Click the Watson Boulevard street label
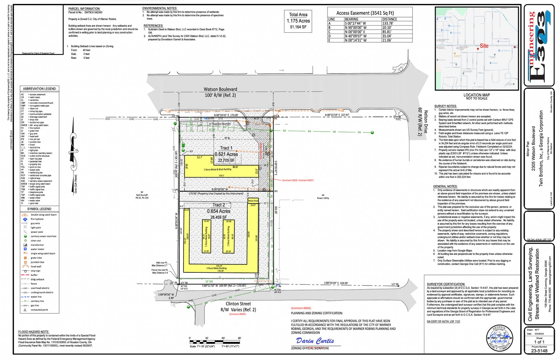tap(220, 89)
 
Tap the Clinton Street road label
tap(238, 304)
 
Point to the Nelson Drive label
tap(426, 122)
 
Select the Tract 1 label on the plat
tap(226, 148)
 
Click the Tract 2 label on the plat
tap(218, 205)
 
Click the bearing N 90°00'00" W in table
tap(355, 28)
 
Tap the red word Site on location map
tap(484, 46)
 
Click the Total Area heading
tap(298, 14)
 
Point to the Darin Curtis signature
tap(315, 341)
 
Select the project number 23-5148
tap(539, 351)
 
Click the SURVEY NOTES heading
tap(445, 106)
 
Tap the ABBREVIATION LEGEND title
tap(40, 89)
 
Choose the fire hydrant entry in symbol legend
tap(37, 219)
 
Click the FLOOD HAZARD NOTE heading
tap(34, 332)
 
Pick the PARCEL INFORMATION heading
tap(84, 8)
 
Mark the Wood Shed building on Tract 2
tap(253, 201)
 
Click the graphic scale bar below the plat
tap(215, 342)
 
